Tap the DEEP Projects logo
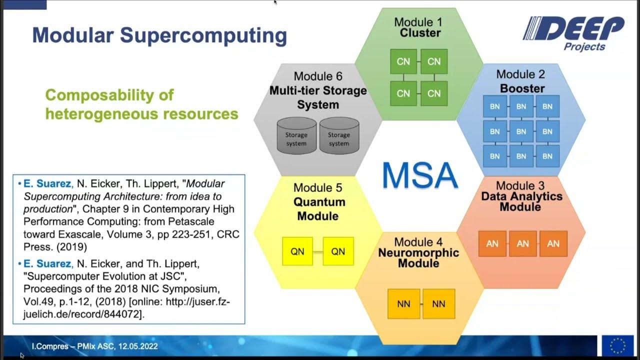point(573,33)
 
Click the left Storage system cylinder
point(296,137)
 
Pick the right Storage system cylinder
point(338,137)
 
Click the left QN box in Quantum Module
point(297,251)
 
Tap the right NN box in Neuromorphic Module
point(438,303)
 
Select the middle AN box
point(522,243)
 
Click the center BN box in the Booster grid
point(521,131)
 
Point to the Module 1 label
point(418,22)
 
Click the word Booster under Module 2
point(522,88)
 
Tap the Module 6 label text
point(318,76)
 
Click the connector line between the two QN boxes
point(318,251)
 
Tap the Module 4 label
point(418,242)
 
